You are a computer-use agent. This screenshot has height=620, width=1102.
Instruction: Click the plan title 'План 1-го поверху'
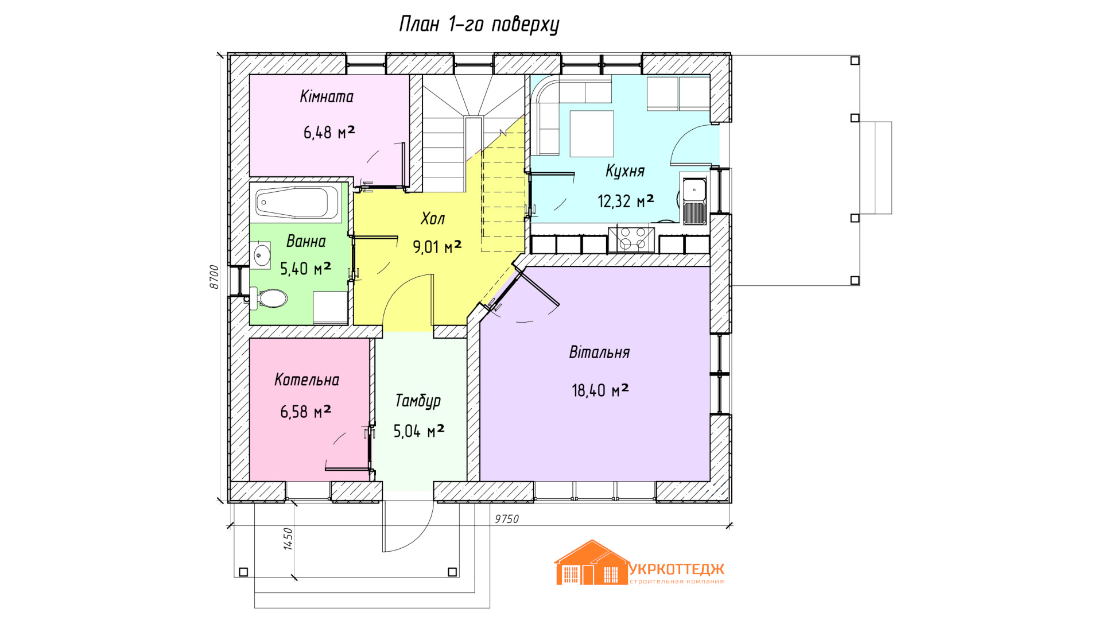coord(479,25)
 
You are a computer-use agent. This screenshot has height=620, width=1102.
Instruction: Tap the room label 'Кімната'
coord(327,96)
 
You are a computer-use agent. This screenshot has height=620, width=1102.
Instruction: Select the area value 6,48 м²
coord(329,133)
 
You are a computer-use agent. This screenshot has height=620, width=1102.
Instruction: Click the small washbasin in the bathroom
coord(261,255)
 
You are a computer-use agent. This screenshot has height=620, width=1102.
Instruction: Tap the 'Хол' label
coord(433,219)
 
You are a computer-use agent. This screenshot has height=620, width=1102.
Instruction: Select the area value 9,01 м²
coord(437,247)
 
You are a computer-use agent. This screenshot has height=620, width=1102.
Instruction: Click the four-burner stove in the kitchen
coord(631,239)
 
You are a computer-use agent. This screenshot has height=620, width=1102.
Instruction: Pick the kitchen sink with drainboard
coord(694,201)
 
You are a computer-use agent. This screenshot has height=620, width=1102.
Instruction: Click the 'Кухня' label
coord(625,172)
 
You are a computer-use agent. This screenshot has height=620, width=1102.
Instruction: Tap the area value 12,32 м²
coord(626,201)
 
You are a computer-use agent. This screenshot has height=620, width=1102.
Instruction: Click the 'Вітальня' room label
coord(599,352)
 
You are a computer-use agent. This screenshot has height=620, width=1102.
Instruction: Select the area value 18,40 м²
coord(600,391)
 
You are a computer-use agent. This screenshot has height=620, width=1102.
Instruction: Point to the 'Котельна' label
coord(306,380)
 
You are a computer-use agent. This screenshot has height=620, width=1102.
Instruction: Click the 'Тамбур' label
coord(418,401)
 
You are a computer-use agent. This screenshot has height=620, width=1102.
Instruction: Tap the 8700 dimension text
coord(214,277)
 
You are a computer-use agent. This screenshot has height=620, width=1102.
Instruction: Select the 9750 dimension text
coord(507,519)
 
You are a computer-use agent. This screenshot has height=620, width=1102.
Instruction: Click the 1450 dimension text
coord(288,539)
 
